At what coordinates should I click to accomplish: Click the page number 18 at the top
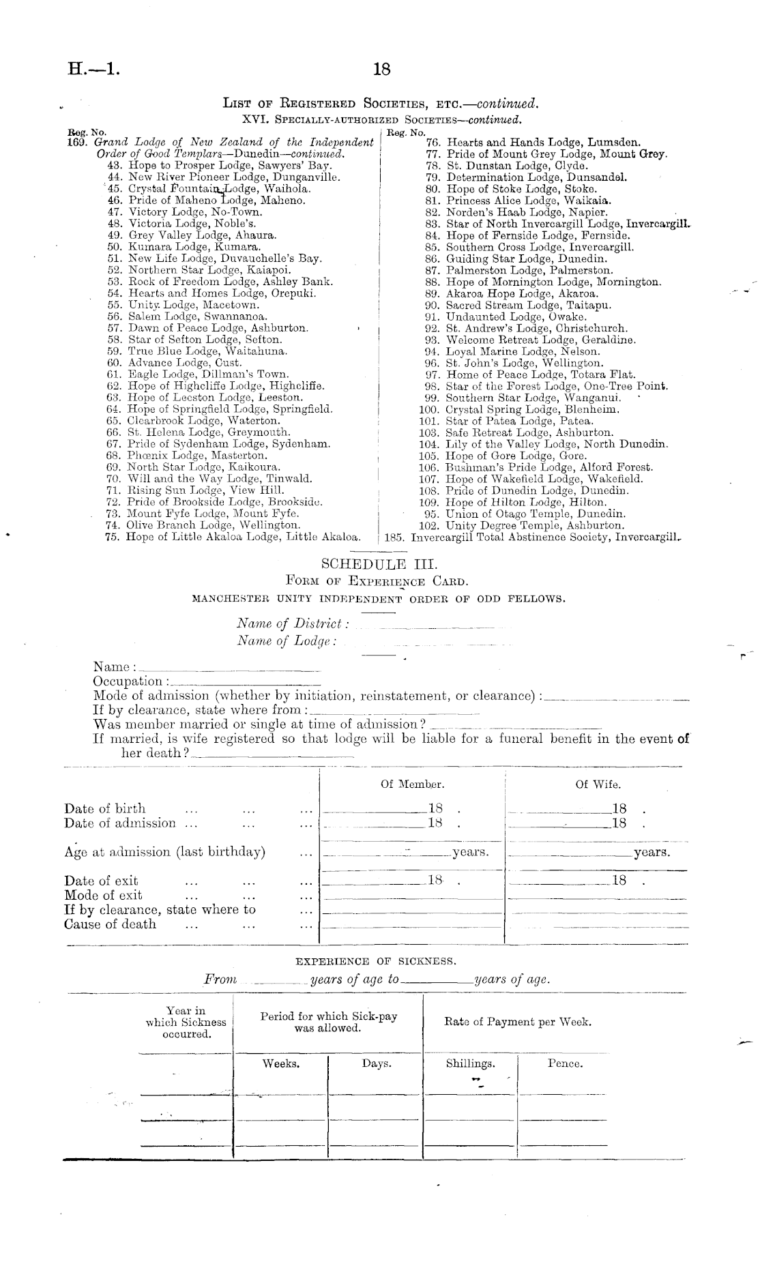point(381,69)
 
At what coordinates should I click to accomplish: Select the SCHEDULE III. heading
point(379,564)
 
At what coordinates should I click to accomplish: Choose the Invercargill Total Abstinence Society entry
point(532,537)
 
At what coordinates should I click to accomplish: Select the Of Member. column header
point(412,784)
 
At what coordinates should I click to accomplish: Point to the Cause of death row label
point(111,924)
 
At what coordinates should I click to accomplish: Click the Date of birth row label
point(105,809)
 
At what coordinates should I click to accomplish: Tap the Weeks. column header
point(281,1063)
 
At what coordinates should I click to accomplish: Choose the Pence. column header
point(565,1063)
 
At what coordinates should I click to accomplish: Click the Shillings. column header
point(470,1063)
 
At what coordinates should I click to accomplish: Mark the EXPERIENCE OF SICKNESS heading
point(375,961)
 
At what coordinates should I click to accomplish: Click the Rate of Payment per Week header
point(517,1022)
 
